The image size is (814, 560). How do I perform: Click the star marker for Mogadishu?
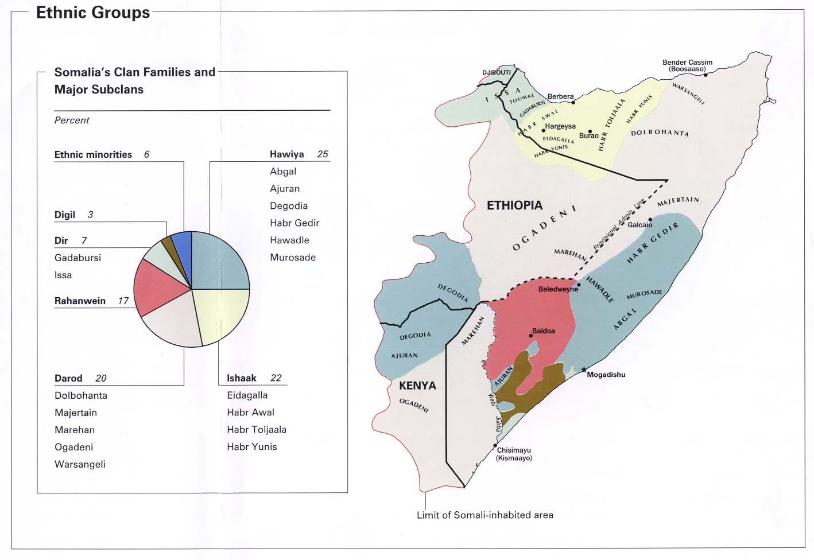(584, 370)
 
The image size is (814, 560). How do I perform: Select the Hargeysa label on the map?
(560, 126)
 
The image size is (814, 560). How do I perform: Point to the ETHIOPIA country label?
(514, 205)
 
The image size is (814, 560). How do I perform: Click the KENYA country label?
(417, 386)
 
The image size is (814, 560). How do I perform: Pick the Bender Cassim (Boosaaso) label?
(687, 66)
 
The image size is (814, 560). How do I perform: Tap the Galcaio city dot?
(650, 219)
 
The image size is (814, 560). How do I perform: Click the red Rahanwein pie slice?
(152, 287)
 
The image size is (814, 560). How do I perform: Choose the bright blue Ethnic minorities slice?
(182, 241)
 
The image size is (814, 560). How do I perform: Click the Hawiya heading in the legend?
(286, 154)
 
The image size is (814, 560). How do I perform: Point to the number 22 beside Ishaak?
(276, 378)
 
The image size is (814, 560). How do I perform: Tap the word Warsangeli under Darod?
(80, 464)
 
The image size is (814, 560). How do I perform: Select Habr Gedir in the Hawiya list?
(294, 223)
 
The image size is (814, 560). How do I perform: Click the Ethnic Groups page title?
(93, 13)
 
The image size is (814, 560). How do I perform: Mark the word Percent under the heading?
(72, 120)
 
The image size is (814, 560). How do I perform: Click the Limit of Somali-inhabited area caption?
(484, 515)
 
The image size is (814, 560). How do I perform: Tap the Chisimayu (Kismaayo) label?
(514, 454)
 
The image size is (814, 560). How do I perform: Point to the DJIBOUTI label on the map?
(497, 73)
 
